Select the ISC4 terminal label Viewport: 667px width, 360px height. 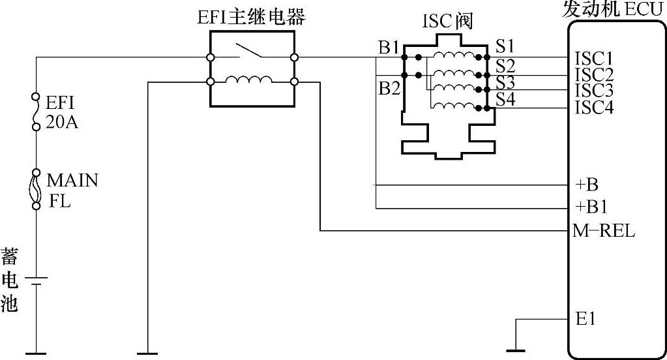[593, 107]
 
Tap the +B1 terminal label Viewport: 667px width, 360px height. [591, 208]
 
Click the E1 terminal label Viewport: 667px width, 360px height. [586, 320]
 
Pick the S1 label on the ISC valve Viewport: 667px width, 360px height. [505, 46]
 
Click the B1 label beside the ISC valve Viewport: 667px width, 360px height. [389, 47]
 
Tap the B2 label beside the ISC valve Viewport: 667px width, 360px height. [389, 88]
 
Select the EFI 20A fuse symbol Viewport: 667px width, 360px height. [37, 112]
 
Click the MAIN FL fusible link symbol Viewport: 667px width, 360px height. [37, 188]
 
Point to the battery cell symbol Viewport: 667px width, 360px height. [37, 281]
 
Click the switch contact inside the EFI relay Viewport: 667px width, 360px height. [251, 51]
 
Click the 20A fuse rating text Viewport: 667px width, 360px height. [61, 121]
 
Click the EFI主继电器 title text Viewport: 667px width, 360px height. [251, 18]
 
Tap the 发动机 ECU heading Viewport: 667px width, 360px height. [613, 10]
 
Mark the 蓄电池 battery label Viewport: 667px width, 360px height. [9, 279]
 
